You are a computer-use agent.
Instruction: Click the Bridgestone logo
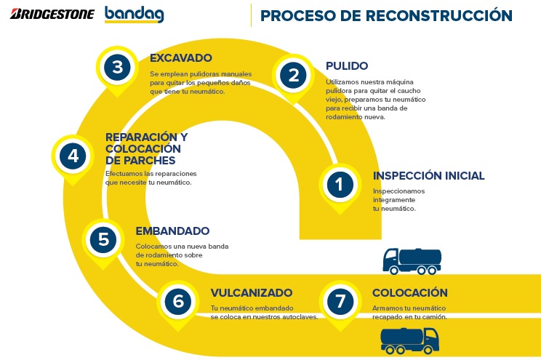(52, 14)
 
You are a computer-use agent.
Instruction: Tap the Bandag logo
(135, 14)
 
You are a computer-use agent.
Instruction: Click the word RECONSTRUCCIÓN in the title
(438, 15)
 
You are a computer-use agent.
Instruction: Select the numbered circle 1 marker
(340, 184)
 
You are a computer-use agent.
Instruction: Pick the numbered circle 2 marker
(293, 75)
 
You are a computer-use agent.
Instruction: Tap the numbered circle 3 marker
(117, 67)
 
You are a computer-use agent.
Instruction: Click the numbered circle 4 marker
(73, 156)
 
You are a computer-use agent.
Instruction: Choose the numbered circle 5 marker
(103, 239)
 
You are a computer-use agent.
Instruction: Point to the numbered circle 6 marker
(178, 301)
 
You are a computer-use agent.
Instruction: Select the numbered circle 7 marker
(340, 301)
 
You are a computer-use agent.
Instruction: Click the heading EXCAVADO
(181, 58)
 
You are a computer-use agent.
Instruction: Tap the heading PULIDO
(347, 66)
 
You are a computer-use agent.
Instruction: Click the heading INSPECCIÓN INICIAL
(428, 175)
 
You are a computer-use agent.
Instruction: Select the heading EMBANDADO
(172, 231)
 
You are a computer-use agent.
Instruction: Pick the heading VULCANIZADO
(252, 292)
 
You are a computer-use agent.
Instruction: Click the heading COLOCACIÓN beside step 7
(410, 292)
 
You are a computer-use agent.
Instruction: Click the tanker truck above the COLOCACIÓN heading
(412, 261)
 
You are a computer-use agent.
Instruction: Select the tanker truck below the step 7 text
(409, 340)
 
